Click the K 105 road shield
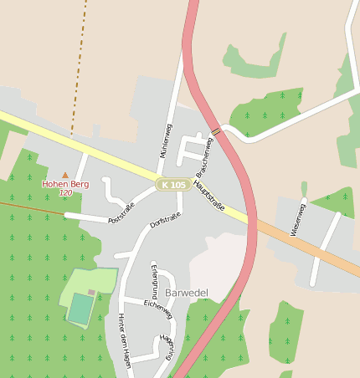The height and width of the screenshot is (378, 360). (x=174, y=184)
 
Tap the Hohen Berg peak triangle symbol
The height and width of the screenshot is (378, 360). (x=66, y=175)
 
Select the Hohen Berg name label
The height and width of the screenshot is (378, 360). (x=66, y=183)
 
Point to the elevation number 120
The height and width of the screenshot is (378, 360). (x=66, y=192)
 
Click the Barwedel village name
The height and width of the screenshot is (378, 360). (x=186, y=293)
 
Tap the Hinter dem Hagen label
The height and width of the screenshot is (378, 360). (x=126, y=335)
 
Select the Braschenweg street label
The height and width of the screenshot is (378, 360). (x=203, y=153)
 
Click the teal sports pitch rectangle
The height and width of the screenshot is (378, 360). (x=80, y=309)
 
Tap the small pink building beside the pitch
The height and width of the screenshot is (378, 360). (x=91, y=292)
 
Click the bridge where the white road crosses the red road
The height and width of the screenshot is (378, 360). (x=216, y=131)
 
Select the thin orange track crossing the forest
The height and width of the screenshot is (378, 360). (x=33, y=207)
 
